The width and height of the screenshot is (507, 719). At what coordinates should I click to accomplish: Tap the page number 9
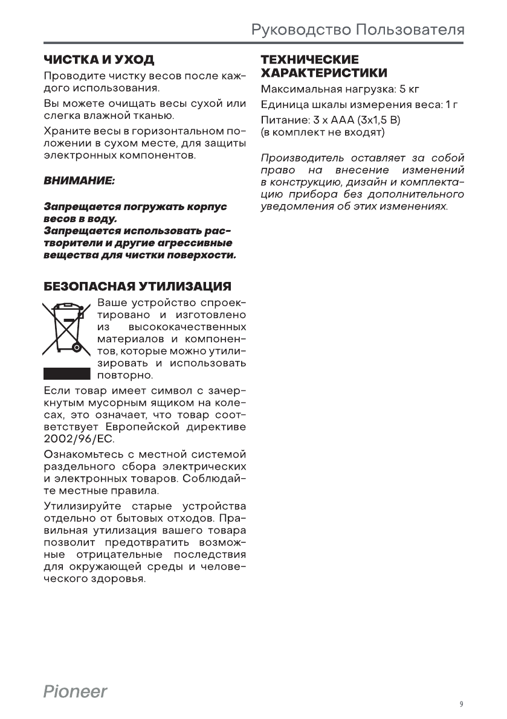click(461, 704)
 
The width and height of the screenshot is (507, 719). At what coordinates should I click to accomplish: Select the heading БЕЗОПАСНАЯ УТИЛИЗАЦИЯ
click(137, 285)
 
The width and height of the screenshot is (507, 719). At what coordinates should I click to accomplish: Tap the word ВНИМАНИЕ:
click(79, 181)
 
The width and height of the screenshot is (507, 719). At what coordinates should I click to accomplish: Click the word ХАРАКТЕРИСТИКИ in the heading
click(324, 73)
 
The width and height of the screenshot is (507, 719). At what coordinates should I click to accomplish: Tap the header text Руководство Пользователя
click(358, 30)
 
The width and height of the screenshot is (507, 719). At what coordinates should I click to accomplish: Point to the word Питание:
click(281, 120)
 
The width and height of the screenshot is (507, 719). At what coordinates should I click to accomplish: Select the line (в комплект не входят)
click(322, 131)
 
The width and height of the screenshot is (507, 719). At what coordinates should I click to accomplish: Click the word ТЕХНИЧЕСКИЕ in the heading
click(309, 60)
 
